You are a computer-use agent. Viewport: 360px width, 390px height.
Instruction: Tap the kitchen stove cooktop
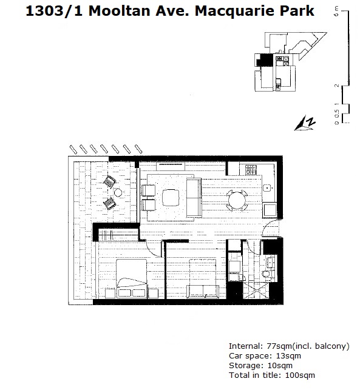click(251, 170)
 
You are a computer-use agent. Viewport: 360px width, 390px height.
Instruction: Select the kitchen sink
click(267, 188)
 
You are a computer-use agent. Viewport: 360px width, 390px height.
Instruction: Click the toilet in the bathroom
click(266, 274)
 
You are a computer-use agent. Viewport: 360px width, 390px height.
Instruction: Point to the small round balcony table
click(118, 192)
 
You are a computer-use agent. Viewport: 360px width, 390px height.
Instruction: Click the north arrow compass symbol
click(305, 123)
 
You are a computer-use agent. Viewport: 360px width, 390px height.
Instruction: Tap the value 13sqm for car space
click(288, 356)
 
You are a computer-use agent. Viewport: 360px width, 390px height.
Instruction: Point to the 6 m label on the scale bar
click(336, 12)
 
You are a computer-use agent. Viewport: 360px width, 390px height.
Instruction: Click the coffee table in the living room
click(171, 198)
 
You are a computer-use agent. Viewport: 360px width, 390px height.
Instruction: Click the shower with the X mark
click(256, 291)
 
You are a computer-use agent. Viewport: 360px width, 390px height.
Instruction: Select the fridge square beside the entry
click(270, 210)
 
